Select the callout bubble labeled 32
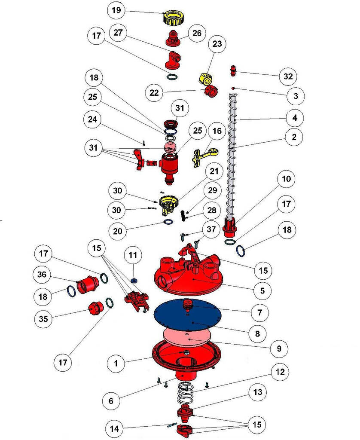click(287, 76)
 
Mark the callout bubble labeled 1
click(116, 363)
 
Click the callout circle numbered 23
click(217, 43)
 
